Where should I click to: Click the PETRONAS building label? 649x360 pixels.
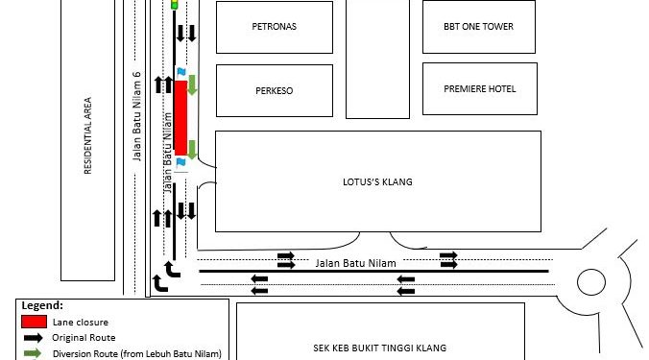coord(274,27)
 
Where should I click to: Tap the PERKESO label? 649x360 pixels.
coord(274,90)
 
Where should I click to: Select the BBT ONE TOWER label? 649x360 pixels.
coord(478,27)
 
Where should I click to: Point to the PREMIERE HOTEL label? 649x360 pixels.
coord(480,89)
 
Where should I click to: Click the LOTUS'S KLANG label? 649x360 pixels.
coord(377,181)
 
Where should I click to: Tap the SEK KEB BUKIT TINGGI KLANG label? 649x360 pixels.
coord(380,348)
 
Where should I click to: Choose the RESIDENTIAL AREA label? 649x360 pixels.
coord(87,135)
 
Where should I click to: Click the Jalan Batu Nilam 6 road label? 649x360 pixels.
coord(136,116)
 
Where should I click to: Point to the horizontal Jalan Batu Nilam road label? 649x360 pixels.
coord(355,263)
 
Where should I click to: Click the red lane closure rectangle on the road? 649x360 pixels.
coord(180,118)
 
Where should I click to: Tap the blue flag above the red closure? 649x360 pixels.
coord(180,72)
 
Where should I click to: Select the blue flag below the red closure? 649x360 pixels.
coord(180,162)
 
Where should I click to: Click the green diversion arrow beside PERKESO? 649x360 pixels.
coord(192,84)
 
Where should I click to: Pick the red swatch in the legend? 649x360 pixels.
coord(34,322)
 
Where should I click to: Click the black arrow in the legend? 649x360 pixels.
coord(33,338)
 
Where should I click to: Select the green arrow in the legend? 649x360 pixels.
coord(33,353)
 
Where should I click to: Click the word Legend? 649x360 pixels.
coord(42,305)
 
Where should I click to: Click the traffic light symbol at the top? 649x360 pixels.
coord(175,5)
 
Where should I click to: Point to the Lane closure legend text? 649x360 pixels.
coord(81,322)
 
